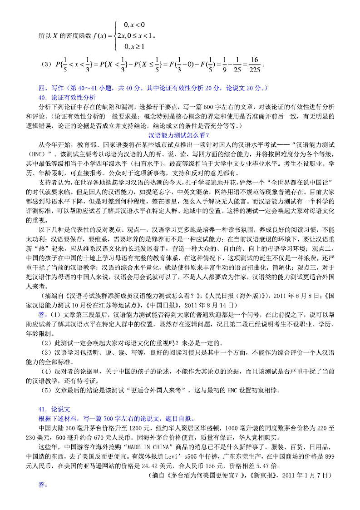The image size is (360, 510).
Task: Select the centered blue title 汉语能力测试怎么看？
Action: click(x=179, y=135)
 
